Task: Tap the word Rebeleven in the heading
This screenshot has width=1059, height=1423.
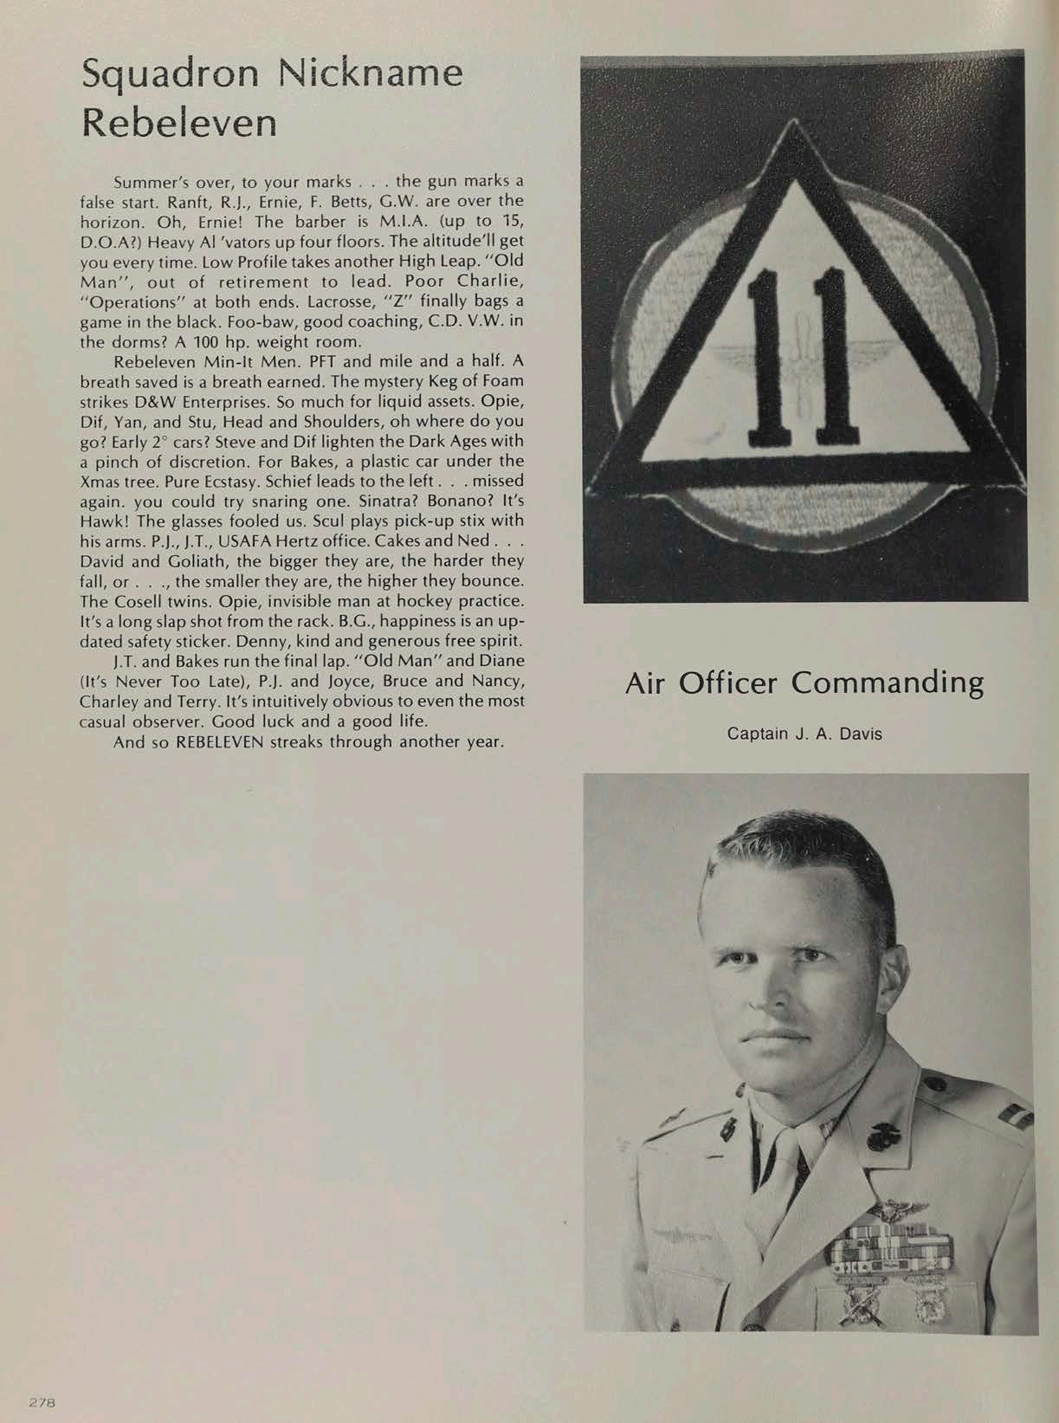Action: [179, 123]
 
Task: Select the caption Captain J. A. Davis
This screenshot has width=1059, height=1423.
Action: [804, 734]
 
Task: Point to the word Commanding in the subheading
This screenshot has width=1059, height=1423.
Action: [888, 682]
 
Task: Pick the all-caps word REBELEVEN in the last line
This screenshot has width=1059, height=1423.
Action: [224, 742]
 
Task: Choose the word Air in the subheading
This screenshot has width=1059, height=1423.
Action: [646, 682]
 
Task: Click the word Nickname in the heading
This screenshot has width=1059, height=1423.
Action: [376, 74]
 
